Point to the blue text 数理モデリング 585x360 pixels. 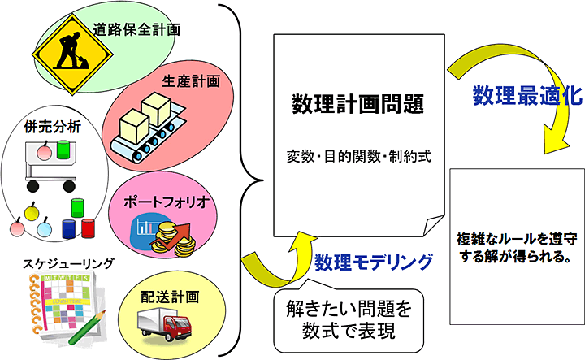(373, 262)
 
